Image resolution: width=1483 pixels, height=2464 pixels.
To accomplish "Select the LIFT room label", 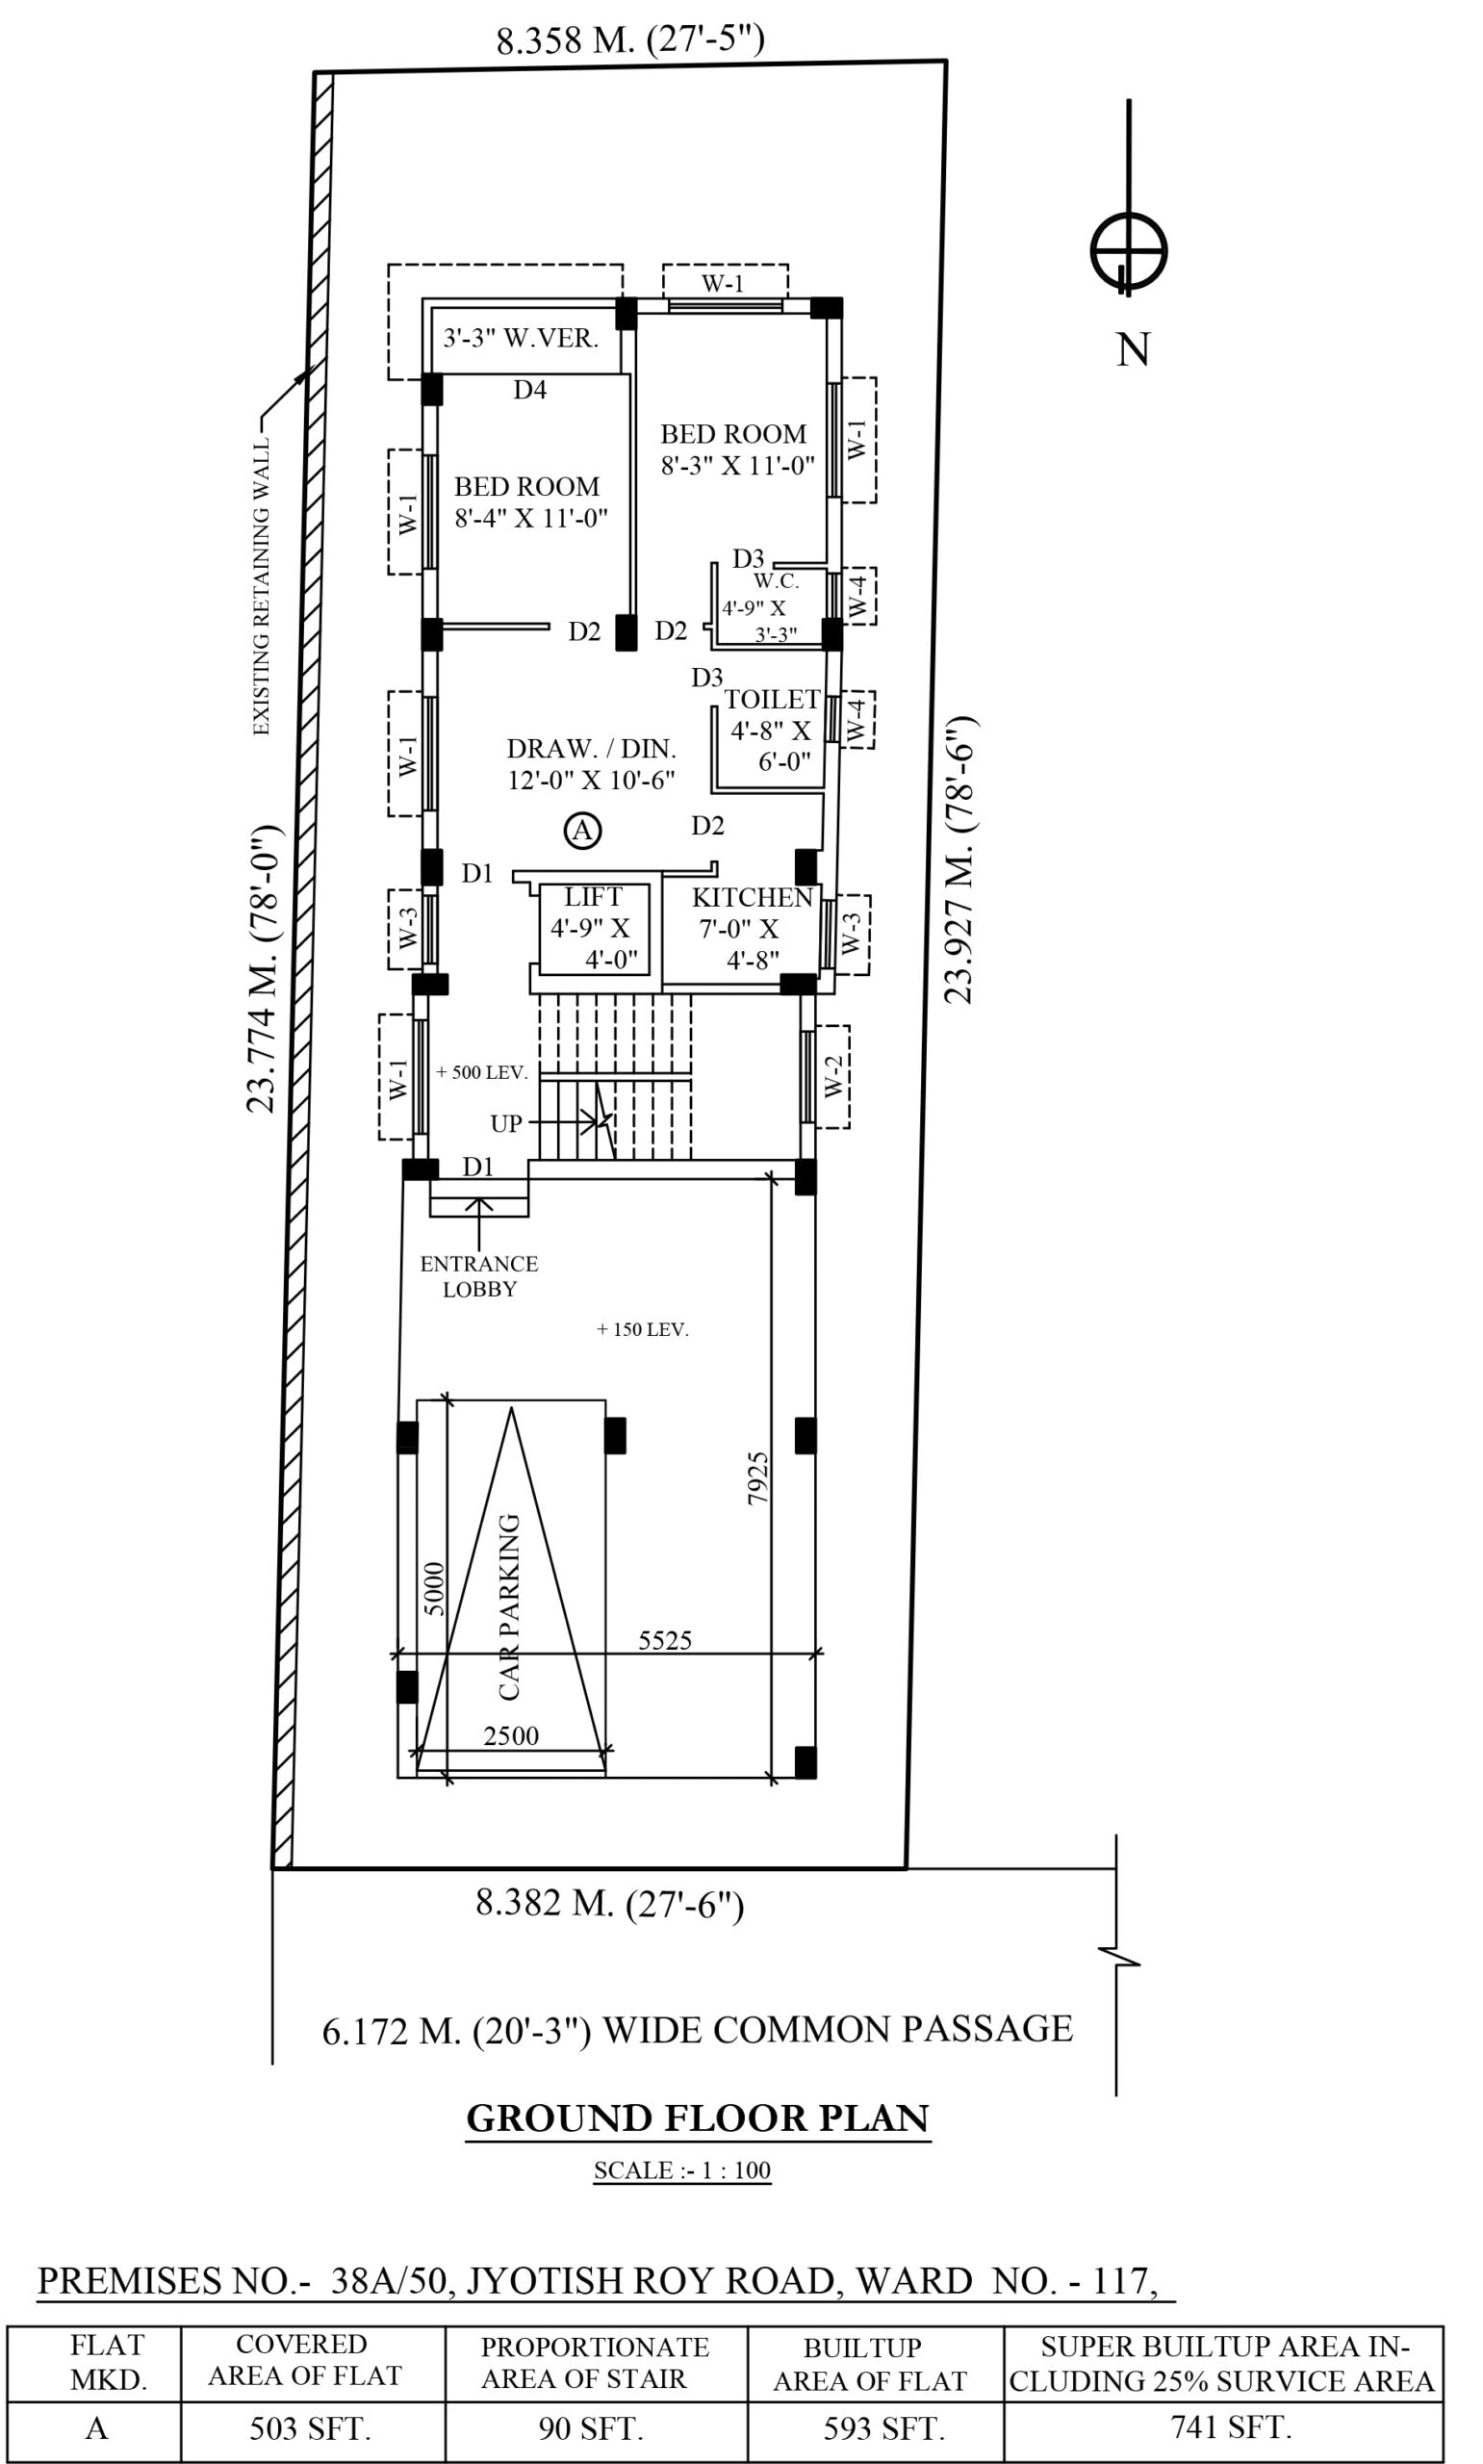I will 593,897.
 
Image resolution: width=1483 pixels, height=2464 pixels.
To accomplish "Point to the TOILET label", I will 772,700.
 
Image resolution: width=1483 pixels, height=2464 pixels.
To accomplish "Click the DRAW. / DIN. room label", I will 591,749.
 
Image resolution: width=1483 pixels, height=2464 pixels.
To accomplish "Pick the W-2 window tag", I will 834,1076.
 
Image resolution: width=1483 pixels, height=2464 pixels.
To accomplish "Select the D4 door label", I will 529,390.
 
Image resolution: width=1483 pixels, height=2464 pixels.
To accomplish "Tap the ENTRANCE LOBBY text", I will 478,1276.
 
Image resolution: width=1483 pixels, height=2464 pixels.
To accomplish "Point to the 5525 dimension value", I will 665,1641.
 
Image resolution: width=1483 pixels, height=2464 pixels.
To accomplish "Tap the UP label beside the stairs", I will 505,1124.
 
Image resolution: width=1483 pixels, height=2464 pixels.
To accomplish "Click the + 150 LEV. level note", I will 643,1330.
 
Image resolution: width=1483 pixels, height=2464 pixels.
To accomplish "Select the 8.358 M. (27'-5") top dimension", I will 629,41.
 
